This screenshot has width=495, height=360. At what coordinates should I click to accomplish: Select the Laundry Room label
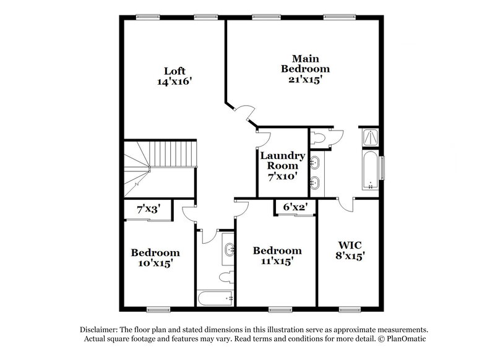coord(282,160)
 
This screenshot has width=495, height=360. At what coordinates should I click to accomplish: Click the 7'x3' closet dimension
coord(148,210)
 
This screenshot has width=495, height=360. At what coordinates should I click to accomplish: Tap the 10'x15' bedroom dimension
coord(155,264)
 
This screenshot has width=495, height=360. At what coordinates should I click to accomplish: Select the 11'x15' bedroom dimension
coord(277,261)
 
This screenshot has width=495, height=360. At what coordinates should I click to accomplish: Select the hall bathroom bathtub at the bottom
coord(215,298)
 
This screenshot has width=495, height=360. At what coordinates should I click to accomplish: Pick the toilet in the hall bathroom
coord(227,274)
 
